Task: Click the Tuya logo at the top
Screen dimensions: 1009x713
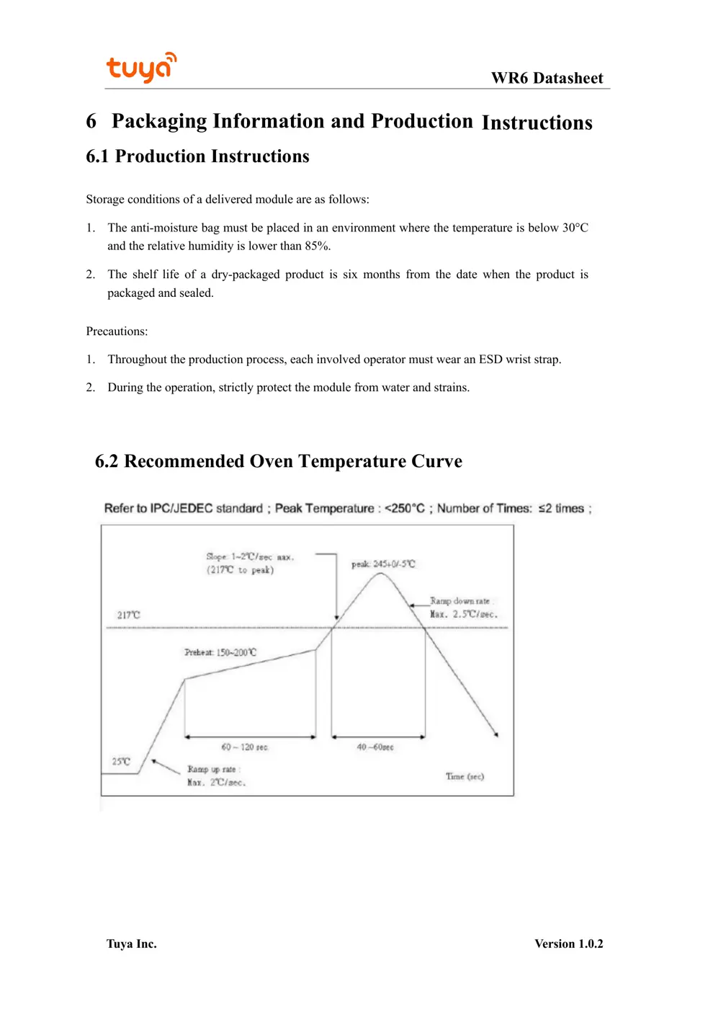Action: (141, 68)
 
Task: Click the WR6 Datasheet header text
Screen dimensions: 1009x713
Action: (547, 78)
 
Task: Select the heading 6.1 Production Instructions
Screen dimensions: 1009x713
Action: (197, 156)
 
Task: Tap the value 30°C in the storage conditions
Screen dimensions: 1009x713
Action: (575, 228)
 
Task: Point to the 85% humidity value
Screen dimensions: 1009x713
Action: (317, 246)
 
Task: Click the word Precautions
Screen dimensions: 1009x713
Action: (117, 332)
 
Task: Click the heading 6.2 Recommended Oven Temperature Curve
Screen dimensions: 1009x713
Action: (279, 461)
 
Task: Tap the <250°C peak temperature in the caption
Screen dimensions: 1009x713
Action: (404, 508)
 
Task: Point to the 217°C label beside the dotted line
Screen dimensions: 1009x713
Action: (129, 615)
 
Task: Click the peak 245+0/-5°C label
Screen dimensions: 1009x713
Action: (383, 564)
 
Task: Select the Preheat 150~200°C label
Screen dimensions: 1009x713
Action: (220, 652)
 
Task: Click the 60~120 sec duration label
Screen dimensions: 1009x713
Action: (244, 747)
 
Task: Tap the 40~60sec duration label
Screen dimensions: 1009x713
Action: (375, 747)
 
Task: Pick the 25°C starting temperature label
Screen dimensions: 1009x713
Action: (121, 761)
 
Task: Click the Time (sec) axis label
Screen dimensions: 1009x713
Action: (465, 776)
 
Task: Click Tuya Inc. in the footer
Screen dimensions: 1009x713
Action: (131, 944)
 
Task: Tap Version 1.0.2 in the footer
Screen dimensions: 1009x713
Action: (568, 944)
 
